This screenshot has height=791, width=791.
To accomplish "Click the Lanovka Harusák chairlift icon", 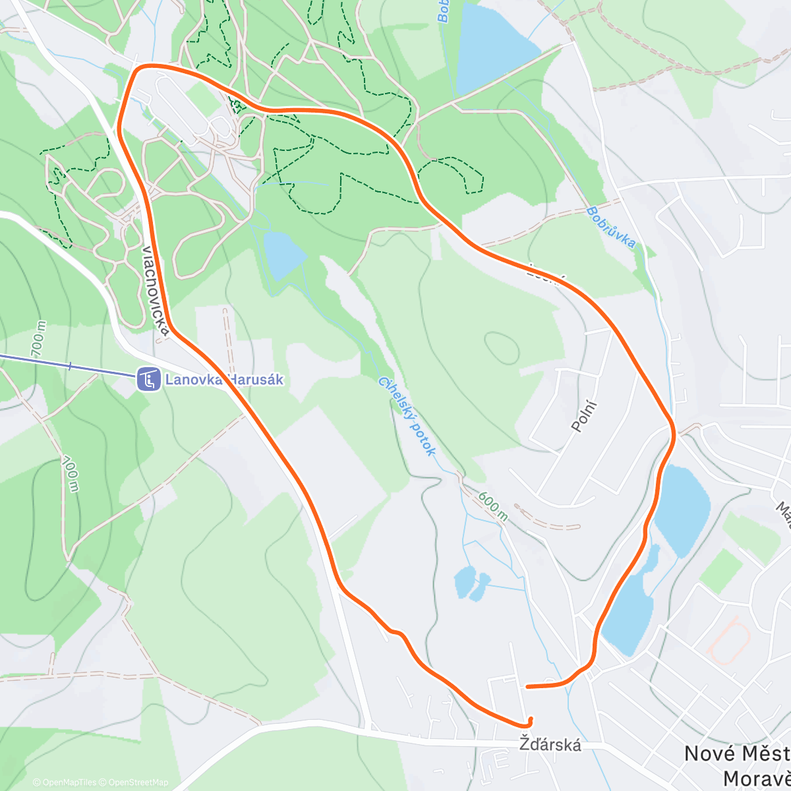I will pyautogui.click(x=149, y=379).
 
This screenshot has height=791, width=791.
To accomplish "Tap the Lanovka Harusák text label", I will pyautogui.click(x=224, y=380).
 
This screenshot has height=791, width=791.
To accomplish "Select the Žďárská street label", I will pyautogui.click(x=550, y=745).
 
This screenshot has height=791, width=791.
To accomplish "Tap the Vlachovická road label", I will pyautogui.click(x=155, y=290).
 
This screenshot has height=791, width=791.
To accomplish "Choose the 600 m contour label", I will pyautogui.click(x=493, y=506).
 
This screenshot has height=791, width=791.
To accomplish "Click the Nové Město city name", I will pyautogui.click(x=736, y=753).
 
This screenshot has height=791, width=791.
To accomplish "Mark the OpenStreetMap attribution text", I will pyautogui.click(x=138, y=782).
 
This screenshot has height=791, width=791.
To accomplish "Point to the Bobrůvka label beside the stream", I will pyautogui.click(x=611, y=227).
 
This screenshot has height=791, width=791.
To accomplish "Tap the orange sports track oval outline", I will pyautogui.click(x=730, y=639).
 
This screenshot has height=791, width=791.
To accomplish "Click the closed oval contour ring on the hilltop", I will pyautogui.click(x=501, y=345).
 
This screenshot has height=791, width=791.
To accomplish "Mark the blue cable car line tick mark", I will pyautogui.click(x=69, y=365).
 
